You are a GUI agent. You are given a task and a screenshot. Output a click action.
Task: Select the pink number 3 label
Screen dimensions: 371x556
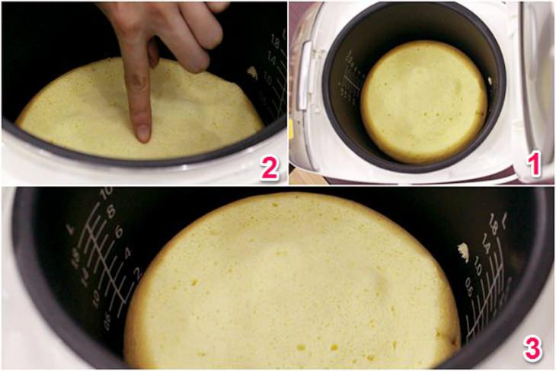[x=532, y=348]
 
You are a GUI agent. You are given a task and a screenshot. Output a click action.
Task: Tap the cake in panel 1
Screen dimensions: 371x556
[x=423, y=102]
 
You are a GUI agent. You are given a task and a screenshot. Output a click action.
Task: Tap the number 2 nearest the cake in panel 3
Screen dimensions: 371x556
[x=138, y=273]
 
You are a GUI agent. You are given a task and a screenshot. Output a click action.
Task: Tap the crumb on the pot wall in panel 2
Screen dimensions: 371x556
[x=252, y=72]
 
